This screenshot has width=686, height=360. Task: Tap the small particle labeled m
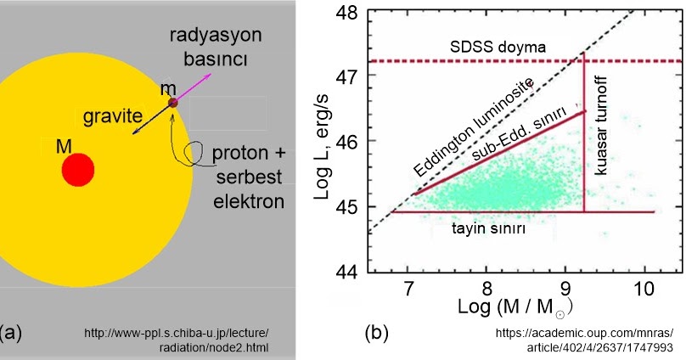pyautogui.click(x=172, y=103)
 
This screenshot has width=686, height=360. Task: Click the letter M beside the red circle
pyautogui.click(x=63, y=146)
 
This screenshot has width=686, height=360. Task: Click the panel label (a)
pyautogui.click(x=12, y=331)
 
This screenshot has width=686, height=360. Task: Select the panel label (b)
pyautogui.click(x=377, y=331)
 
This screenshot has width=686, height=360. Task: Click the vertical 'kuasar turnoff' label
pyautogui.click(x=602, y=137)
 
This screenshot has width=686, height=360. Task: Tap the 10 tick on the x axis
pyautogui.click(x=644, y=287)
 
